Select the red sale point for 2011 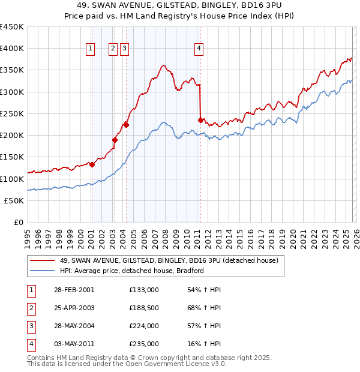pos(200,120)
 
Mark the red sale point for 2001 pos(92,164)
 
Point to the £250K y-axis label pos(12,113)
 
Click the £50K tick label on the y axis pos(14,200)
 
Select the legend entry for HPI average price pos(132,271)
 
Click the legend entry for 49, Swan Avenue pos(169,261)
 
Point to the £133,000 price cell pos(143,290)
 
